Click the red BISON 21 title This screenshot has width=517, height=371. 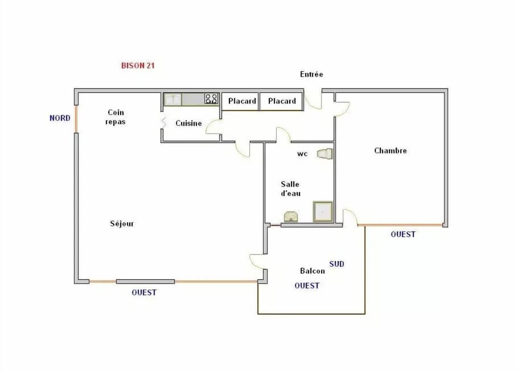pyautogui.click(x=138, y=66)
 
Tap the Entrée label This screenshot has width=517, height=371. pyautogui.click(x=311, y=74)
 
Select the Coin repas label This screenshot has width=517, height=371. pyautogui.click(x=116, y=117)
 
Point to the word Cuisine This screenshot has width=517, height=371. pyautogui.click(x=188, y=123)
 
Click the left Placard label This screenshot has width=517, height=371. pyautogui.click(x=242, y=101)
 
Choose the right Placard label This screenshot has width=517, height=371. pyautogui.click(x=282, y=101)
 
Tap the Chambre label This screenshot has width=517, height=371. pyautogui.click(x=390, y=151)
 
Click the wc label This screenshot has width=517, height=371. pyautogui.click(x=302, y=154)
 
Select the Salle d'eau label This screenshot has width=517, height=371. pyautogui.click(x=290, y=189)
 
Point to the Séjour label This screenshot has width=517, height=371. pyautogui.click(x=122, y=224)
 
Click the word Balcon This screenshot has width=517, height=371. pyautogui.click(x=312, y=271)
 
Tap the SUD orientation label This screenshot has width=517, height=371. pyautogui.click(x=337, y=264)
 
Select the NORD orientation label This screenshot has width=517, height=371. pyautogui.click(x=60, y=118)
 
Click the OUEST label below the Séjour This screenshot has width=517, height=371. pyautogui.click(x=144, y=293)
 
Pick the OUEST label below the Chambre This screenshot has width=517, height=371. pyautogui.click(x=403, y=235)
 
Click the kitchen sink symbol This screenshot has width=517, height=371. pyautogui.click(x=173, y=100)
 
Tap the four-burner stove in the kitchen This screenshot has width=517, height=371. pyautogui.click(x=211, y=99)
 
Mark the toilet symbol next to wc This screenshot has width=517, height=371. pyautogui.click(x=325, y=154)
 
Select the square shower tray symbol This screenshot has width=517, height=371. pyautogui.click(x=323, y=212)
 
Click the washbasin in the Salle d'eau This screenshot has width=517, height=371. pyautogui.click(x=291, y=217)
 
